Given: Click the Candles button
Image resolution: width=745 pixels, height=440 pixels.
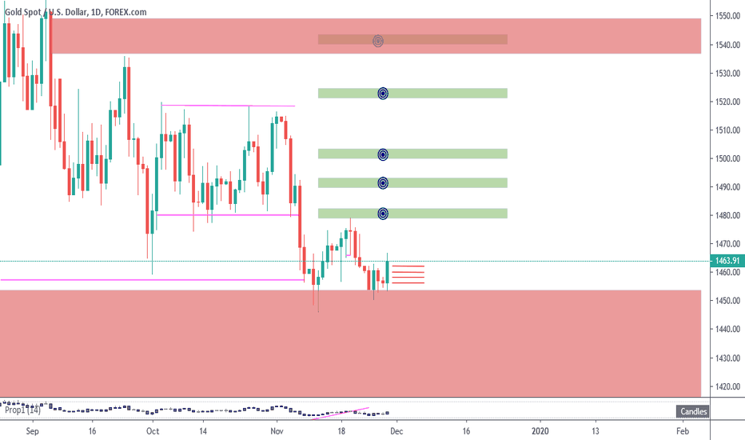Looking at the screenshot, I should point(692,412).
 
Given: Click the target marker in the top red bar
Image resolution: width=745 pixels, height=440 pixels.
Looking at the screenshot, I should point(379,40).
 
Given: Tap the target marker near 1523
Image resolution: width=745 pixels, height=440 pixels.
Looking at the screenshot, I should point(383,93).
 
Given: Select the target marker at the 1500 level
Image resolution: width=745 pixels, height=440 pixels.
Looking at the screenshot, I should point(383,154).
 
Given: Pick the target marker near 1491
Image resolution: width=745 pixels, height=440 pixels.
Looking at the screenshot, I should point(383,183).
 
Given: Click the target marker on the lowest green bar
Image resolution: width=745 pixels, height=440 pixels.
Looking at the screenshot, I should point(383,214).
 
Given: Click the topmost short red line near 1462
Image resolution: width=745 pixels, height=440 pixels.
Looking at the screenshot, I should point(408,266).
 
